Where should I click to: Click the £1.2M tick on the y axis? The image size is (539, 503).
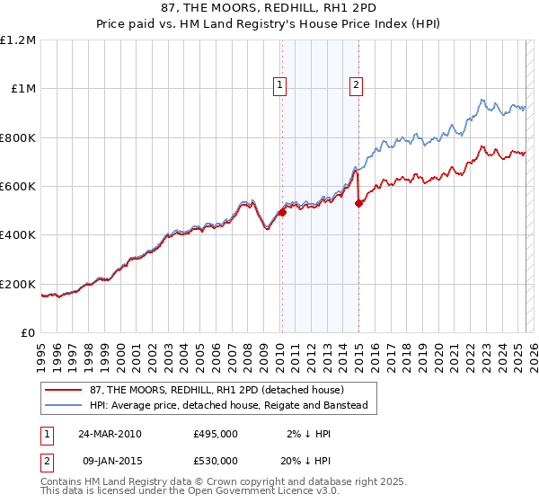click(18, 40)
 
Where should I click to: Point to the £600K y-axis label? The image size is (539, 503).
click(18, 187)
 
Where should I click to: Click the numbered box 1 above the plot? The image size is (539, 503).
click(280, 85)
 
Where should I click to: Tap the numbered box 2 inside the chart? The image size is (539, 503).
click(357, 85)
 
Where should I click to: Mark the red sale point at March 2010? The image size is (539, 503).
click(282, 212)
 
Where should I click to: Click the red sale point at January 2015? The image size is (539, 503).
click(358, 204)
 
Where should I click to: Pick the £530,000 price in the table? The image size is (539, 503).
click(216, 461)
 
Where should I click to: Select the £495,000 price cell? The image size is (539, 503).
click(216, 434)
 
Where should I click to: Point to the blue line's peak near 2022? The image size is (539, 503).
click(482, 100)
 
